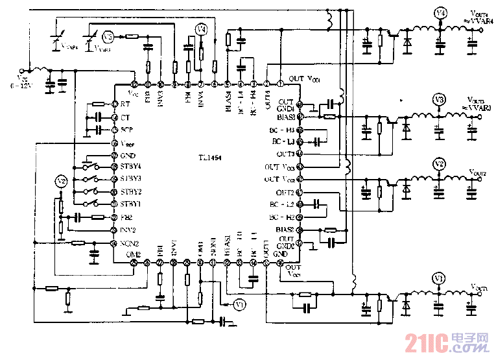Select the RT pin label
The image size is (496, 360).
pyautogui.click(x=124, y=104)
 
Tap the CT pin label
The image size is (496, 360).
pyautogui.click(x=124, y=117)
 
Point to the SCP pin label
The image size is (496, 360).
pyautogui.click(x=126, y=130)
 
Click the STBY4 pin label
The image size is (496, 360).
pyautogui.click(x=131, y=166)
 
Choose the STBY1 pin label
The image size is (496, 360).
pyautogui.click(x=131, y=204)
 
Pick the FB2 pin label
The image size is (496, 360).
pyautogui.click(x=126, y=217)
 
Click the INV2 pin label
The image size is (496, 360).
pyautogui.click(x=128, y=230)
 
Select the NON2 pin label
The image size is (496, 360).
pyautogui.click(x=129, y=243)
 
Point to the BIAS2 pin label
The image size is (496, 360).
pyautogui.click(x=285, y=230)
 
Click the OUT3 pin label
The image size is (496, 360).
pyautogui.click(x=286, y=154)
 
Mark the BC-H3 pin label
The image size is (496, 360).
pyautogui.click(x=283, y=130)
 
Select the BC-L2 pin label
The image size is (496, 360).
pyautogui.click(x=283, y=204)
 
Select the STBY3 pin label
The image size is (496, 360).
pyautogui.click(x=131, y=178)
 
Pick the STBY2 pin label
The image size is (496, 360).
pyautogui.click(x=131, y=192)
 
